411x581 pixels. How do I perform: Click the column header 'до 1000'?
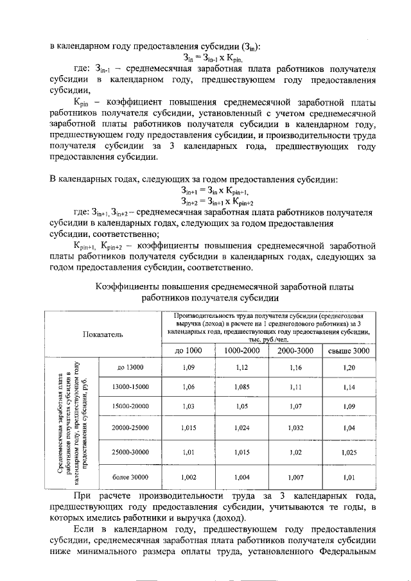click(x=188, y=351)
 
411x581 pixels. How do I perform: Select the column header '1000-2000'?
click(x=241, y=351)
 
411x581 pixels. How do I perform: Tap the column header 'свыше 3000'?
click(x=349, y=351)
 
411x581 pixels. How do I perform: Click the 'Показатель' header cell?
click(x=102, y=334)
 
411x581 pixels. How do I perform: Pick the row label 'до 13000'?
click(x=130, y=367)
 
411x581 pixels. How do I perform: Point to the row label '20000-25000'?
click(x=130, y=428)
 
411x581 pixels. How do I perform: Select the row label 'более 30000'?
click(x=130, y=477)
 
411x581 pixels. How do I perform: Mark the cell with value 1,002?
click(x=188, y=477)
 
